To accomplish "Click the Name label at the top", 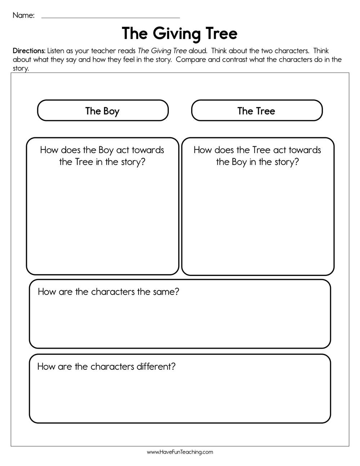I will point(23,15).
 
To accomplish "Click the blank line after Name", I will point(111,17).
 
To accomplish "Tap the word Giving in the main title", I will point(176,34).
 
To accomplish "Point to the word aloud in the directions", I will point(198,51).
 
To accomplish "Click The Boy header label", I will point(102,111).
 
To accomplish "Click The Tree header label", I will point(256,111).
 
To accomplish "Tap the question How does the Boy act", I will point(102,156).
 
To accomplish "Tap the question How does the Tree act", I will point(257,156).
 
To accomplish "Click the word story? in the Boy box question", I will point(133,162).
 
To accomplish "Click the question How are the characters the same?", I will point(108,291).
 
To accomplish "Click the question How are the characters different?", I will point(107,366).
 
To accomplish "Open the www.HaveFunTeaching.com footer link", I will point(180,452).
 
